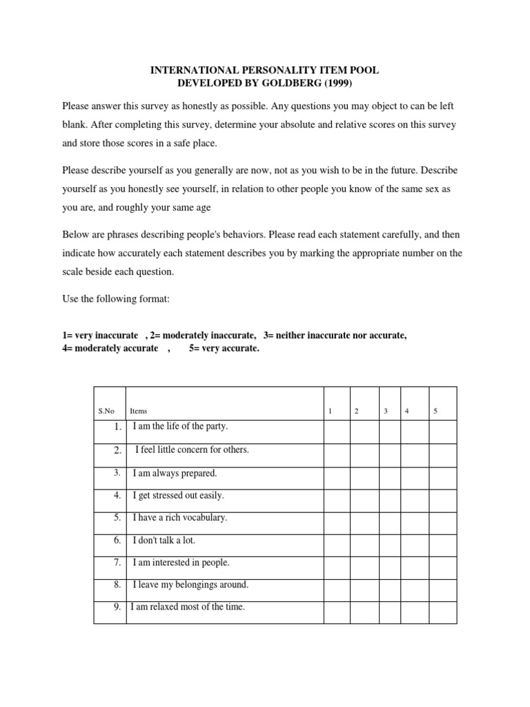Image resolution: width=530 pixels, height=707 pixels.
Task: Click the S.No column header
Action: coord(106,411)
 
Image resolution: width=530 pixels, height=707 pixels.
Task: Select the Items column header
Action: coord(138,411)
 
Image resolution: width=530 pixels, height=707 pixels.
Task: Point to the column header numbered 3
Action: coord(386,411)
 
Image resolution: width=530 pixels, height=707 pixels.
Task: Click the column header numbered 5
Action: coord(435,411)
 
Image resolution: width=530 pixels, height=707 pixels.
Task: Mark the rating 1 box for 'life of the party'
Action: coord(337,432)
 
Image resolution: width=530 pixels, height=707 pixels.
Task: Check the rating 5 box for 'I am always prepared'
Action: coord(442,477)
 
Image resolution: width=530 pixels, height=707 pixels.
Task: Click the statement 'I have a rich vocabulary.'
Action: coord(180,517)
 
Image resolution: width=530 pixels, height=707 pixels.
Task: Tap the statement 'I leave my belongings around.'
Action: coord(190,585)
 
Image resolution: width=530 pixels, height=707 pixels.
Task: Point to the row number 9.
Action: coord(117,608)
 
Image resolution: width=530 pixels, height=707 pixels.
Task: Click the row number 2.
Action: coord(118,450)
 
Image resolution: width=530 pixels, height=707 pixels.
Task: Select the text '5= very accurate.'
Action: coord(224,349)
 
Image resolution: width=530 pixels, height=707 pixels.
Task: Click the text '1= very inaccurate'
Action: coord(100,336)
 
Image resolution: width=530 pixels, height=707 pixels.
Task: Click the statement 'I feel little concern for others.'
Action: coord(192,449)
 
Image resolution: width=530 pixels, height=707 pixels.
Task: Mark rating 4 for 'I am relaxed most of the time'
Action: coord(415,612)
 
